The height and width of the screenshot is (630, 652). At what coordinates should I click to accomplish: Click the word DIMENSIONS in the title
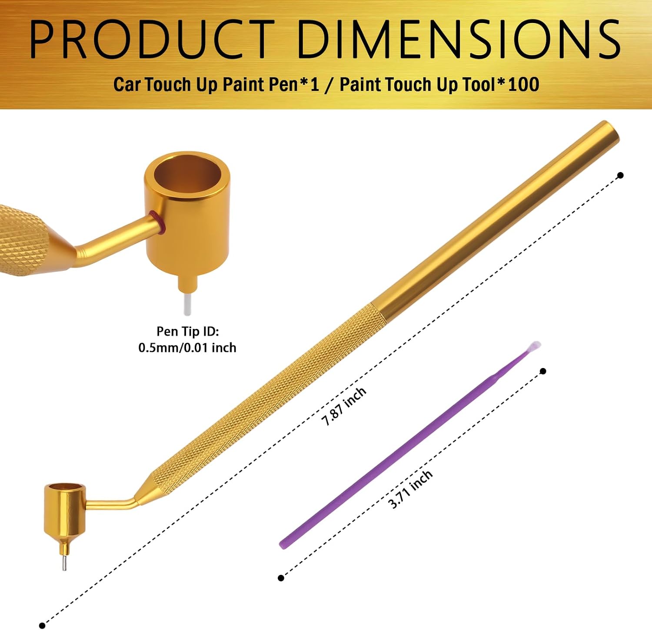(459, 40)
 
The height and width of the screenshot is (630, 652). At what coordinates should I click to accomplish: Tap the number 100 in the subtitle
(523, 84)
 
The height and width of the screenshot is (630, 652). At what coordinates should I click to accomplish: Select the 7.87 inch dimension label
(344, 406)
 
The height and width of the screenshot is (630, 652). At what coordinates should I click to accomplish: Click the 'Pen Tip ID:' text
(188, 331)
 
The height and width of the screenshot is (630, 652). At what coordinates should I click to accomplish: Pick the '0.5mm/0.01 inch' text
(187, 348)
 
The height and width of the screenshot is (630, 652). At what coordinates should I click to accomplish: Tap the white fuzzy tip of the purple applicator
(535, 346)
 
